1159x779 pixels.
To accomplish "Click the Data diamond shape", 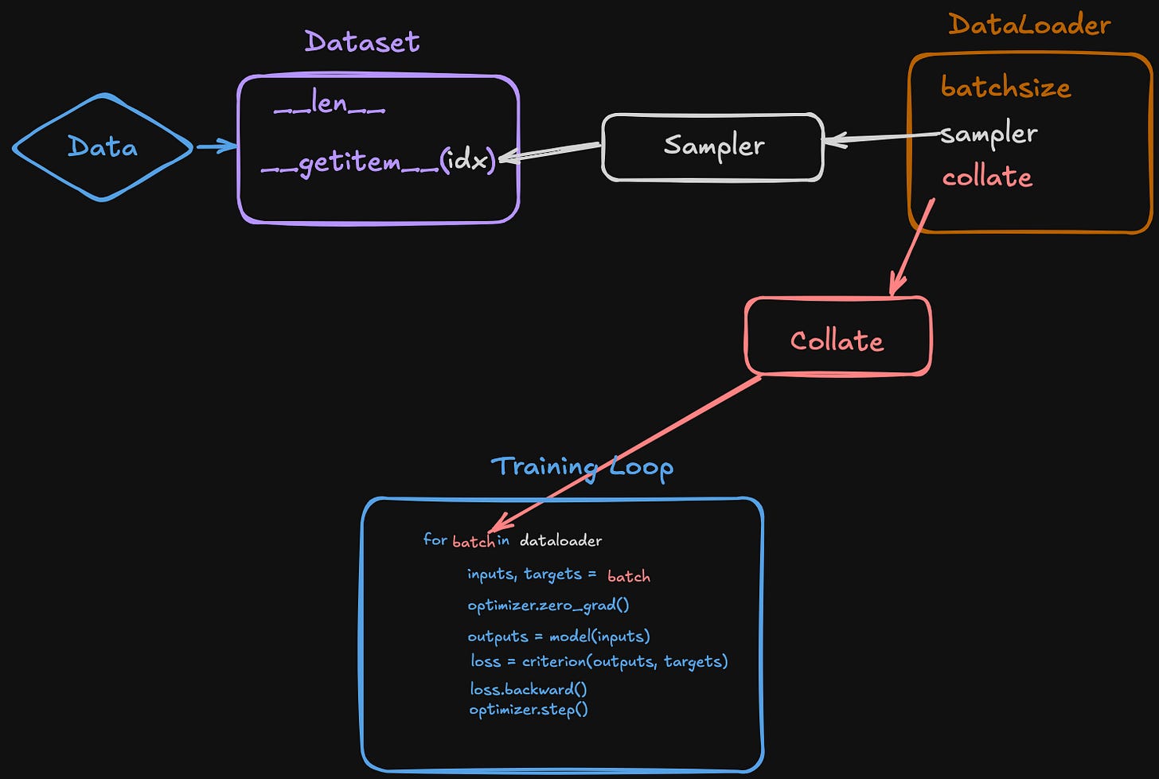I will [x=103, y=147].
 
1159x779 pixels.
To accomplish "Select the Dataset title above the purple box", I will [x=362, y=41].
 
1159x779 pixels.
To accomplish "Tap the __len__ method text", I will [x=330, y=103].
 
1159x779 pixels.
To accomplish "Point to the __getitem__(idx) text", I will [x=379, y=162].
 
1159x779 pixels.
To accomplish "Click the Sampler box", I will [x=713, y=146].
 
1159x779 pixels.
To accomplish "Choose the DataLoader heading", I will [x=1029, y=25].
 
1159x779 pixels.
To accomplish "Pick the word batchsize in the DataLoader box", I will [x=1005, y=87].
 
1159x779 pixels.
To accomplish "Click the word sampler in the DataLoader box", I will [x=989, y=134].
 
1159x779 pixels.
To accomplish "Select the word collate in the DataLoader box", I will [x=987, y=177].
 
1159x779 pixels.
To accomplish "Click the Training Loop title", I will [x=582, y=466].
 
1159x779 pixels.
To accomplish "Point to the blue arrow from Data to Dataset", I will [x=216, y=146].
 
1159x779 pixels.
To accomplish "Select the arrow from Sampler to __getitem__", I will [x=549, y=151].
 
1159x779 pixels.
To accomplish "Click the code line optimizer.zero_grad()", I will [x=548, y=606].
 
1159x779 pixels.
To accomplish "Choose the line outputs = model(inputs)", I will [x=559, y=636].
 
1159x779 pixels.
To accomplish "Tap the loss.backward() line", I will [x=529, y=689].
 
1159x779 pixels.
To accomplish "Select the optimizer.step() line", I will [x=529, y=709].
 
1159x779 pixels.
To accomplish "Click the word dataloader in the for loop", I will [x=560, y=540].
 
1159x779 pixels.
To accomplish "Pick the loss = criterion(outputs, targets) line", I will [x=599, y=661].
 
